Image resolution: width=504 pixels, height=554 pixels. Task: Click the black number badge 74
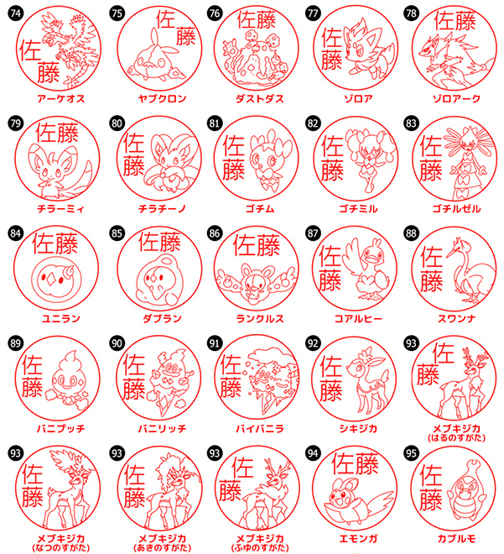coord(15,13)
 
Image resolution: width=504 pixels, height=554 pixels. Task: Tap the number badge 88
coord(411,233)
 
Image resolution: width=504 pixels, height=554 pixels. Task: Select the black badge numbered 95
coord(411,453)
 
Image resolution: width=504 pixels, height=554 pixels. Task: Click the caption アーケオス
coord(61,98)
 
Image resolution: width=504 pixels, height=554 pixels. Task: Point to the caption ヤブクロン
coord(162,98)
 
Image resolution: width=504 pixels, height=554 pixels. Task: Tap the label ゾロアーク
coord(457,98)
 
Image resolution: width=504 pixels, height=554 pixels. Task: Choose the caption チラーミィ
coord(61,209)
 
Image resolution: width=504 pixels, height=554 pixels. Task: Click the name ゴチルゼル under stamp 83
coord(457,209)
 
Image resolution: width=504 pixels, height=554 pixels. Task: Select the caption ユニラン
coord(61,319)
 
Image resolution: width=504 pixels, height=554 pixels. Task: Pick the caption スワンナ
coord(457,319)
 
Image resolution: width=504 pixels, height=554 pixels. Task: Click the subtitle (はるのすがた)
coord(457,438)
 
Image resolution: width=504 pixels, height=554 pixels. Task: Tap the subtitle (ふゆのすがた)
coord(260,548)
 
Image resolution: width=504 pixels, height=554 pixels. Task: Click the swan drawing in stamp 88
coord(469,271)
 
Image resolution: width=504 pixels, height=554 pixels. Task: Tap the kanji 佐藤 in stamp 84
coord(55,243)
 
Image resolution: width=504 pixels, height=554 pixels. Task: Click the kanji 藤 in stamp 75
coord(186,36)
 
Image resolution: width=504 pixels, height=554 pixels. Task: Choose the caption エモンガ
coord(358,539)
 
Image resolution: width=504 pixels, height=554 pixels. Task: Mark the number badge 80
coord(117,123)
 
